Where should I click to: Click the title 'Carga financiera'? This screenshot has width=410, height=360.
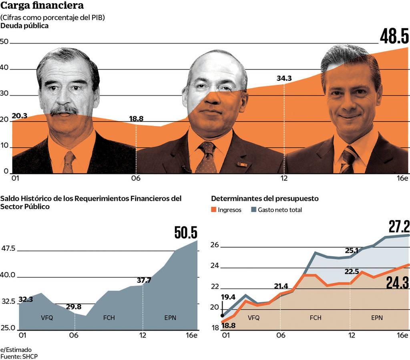pos(42,6)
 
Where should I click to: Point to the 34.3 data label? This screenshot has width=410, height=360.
pos(284,78)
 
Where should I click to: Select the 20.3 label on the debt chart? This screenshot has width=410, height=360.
pos(20,116)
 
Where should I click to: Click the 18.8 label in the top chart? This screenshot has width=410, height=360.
pos(136,119)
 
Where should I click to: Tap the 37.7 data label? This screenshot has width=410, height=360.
pos(144,280)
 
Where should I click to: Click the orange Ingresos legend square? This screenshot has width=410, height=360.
pos(214,210)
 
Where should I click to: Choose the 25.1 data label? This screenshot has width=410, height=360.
pos(353,251)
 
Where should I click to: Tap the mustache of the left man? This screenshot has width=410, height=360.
pos(64,110)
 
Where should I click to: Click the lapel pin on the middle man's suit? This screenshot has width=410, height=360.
pos(241,164)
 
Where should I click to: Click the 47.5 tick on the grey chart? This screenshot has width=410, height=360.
pos(8,249)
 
